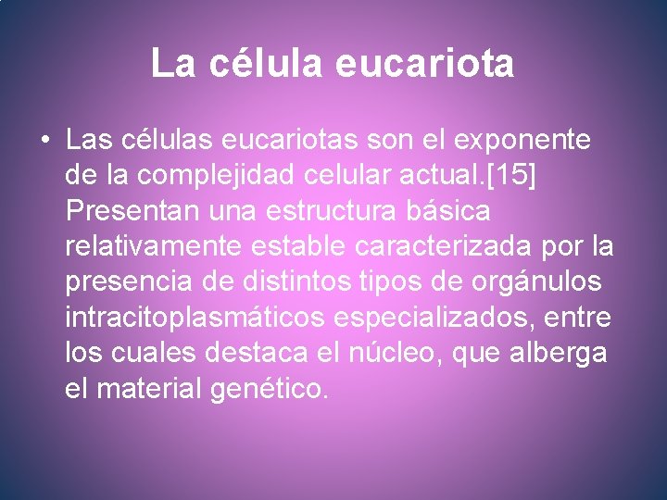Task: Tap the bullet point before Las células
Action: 44,142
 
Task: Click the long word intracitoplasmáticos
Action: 195,318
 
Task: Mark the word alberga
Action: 562,353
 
